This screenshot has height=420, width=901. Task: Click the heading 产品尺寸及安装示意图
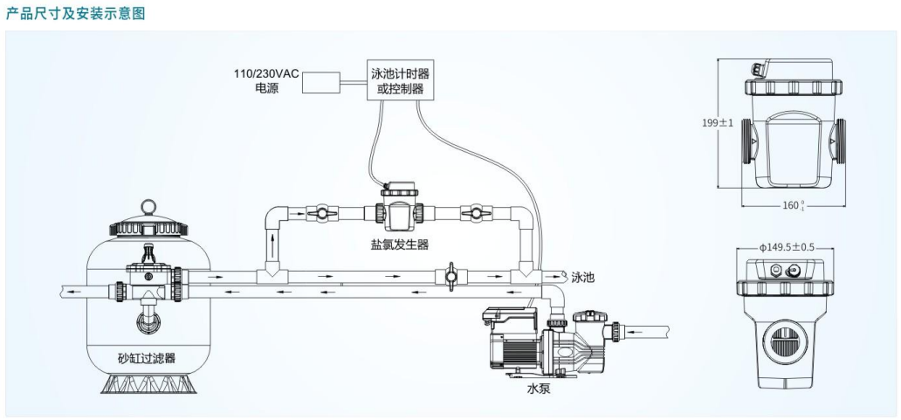pos(72,13)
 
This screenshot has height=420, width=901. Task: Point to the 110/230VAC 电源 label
pos(265,81)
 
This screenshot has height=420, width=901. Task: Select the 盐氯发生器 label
pos(400,244)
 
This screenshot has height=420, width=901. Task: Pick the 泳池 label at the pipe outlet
pos(583,277)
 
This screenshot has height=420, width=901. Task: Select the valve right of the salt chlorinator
pos(475,211)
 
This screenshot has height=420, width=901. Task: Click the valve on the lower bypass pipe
pos(450,277)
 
